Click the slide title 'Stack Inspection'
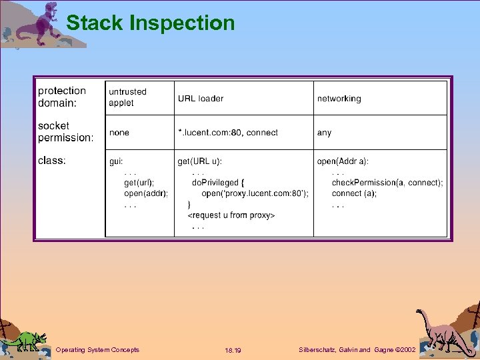pos(151,23)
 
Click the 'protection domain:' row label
pos(62,97)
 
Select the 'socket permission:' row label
pos(66,131)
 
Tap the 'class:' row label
pos(52,160)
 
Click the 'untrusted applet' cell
pos(127,97)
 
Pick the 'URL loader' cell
pos(201,98)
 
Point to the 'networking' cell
pos(339,99)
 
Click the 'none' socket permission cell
pos(119,133)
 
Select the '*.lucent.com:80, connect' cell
pos(227,133)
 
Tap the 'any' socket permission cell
pos(324,133)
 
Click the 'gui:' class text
pos(117,161)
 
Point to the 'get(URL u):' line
pos(200,161)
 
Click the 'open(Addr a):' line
pos(343,161)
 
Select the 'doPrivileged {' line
pos(218,183)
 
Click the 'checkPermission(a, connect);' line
pos(387,183)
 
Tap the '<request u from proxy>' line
pos(231,215)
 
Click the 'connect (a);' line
pos(354,193)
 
